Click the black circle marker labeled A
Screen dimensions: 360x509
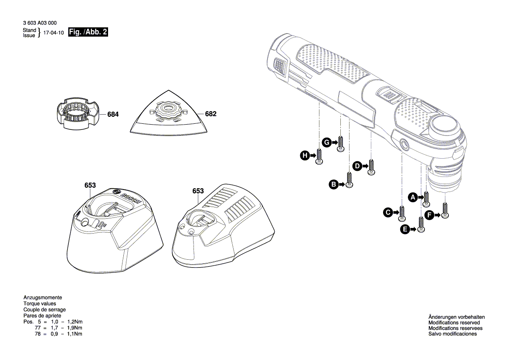(x=413, y=197)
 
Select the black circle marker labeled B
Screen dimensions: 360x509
(x=333, y=185)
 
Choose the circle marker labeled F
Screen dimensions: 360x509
(x=429, y=214)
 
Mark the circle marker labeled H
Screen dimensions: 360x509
(x=304, y=155)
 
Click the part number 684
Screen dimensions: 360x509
(x=112, y=115)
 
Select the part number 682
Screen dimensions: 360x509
(x=210, y=114)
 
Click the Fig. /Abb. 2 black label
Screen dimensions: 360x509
(x=88, y=32)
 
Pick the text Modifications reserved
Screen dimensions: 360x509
(x=453, y=323)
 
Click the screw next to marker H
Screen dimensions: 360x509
(x=319, y=157)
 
